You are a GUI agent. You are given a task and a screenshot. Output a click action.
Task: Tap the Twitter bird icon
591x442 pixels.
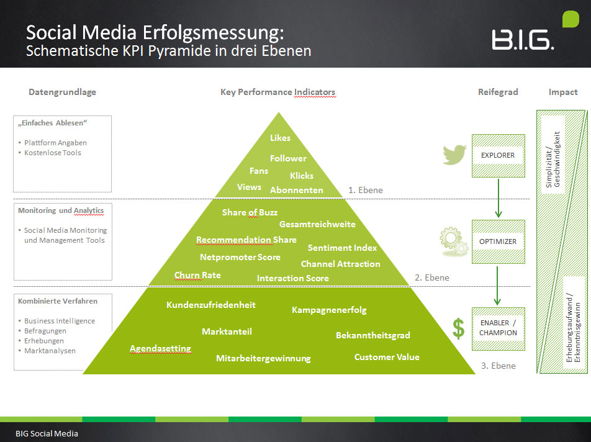point(454,155)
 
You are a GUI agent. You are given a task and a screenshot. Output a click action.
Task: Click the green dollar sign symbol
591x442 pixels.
point(458,328)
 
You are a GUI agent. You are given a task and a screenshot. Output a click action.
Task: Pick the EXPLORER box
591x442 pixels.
point(498,155)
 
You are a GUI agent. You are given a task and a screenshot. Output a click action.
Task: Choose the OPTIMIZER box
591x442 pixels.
point(498,241)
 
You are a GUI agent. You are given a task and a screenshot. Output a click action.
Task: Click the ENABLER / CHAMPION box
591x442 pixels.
point(498,328)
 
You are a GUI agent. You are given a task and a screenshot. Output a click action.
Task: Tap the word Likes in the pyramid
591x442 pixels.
point(280,138)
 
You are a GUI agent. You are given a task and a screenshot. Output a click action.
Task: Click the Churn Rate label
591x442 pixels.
point(197,275)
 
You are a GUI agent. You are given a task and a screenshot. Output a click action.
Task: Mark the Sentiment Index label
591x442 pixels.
point(342,248)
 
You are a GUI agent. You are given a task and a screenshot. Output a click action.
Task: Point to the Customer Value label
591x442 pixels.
point(387,357)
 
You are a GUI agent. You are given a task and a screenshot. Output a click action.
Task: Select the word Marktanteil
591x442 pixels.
point(227,331)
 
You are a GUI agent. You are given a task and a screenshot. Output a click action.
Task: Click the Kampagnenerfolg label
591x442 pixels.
point(329,309)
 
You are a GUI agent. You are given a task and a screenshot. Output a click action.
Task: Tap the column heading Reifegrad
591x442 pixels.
point(497,92)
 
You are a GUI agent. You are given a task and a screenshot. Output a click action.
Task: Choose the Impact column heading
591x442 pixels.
point(562,92)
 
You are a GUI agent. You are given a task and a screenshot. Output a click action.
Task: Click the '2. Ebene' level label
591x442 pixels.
point(431,277)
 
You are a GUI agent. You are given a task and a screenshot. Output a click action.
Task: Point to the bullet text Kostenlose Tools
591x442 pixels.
point(53,153)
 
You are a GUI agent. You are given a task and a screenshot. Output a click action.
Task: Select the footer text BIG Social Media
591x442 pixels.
point(47,433)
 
